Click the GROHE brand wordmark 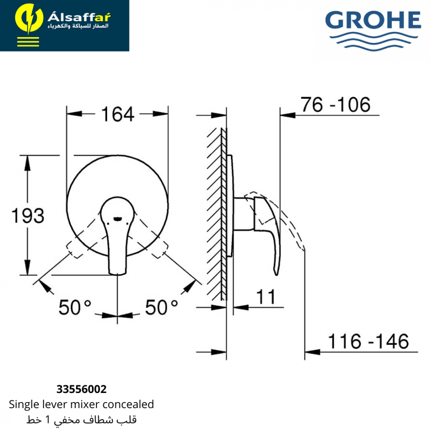click(x=373, y=20)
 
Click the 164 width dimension click(x=118, y=114)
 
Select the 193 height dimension click(x=28, y=215)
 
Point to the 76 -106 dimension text click(x=335, y=104)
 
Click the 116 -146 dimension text click(x=369, y=341)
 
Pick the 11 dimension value click(x=265, y=297)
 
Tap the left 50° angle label click(x=74, y=307)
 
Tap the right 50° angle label click(x=161, y=307)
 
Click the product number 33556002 click(x=81, y=389)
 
